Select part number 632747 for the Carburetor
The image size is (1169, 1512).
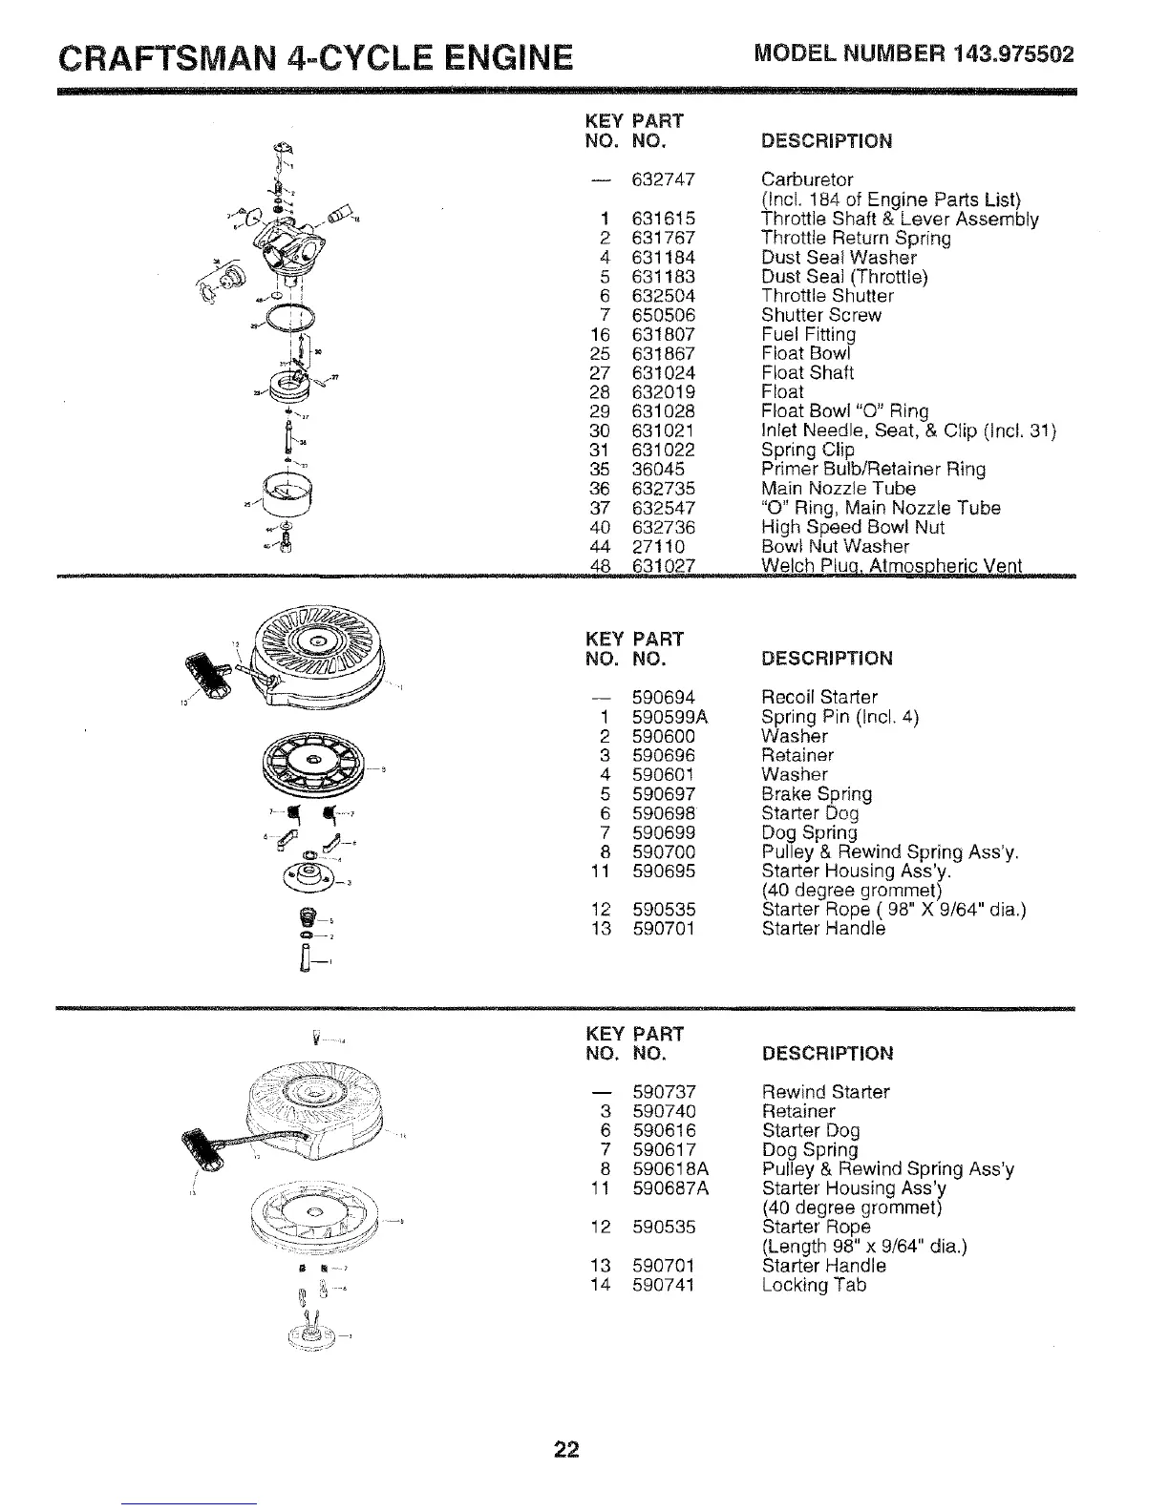pos(663,179)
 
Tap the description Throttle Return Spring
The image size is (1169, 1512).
pos(855,238)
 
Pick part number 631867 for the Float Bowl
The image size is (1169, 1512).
pos(663,353)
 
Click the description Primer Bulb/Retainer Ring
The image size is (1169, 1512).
pos(873,469)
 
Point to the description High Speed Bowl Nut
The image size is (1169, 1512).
pos(852,527)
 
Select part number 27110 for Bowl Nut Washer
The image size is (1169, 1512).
pos(657,546)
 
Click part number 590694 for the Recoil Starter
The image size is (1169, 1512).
pos(663,697)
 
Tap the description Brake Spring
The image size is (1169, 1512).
pos(816,793)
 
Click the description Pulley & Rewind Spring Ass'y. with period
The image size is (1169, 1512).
pos(890,851)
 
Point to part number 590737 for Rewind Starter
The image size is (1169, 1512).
pos(663,1091)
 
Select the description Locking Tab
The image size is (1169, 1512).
pos(814,1285)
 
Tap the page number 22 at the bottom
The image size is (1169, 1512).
pos(567,1450)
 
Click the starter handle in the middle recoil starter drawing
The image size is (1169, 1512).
pos(205,675)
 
